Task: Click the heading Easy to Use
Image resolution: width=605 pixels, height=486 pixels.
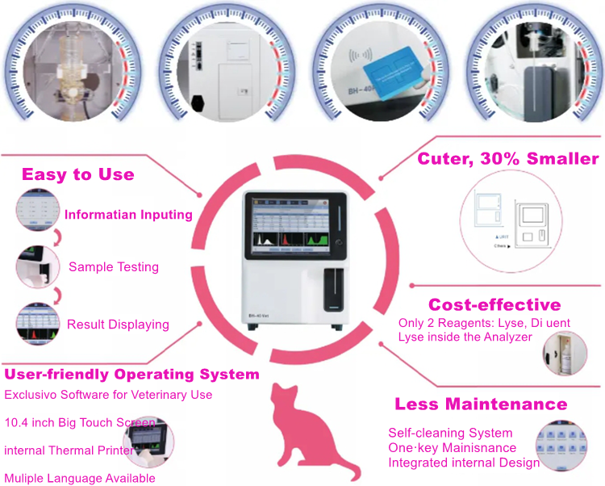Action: [x=77, y=174]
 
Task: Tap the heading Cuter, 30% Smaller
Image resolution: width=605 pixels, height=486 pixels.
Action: [x=507, y=158]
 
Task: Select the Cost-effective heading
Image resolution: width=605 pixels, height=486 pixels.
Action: [x=494, y=304]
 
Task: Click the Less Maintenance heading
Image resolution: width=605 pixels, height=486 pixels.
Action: [x=481, y=404]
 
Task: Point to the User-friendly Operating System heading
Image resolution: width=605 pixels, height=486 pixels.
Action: [x=131, y=375]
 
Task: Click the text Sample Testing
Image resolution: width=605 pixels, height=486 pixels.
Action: [x=113, y=266]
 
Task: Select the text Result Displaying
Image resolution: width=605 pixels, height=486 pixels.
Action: [x=118, y=325]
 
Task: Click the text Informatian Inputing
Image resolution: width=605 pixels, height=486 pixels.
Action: [x=128, y=215]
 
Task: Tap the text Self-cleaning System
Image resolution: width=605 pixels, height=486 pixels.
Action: [x=450, y=433]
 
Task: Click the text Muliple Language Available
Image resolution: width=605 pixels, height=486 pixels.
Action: [x=80, y=478]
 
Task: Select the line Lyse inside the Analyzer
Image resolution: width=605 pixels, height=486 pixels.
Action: [x=465, y=337]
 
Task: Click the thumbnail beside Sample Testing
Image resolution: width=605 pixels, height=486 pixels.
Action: [x=35, y=266]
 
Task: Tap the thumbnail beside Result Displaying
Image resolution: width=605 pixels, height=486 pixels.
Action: [x=35, y=323]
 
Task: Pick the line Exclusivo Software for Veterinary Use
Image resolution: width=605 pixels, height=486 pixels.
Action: [x=108, y=395]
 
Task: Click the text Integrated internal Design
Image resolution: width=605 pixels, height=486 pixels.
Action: [x=464, y=463]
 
